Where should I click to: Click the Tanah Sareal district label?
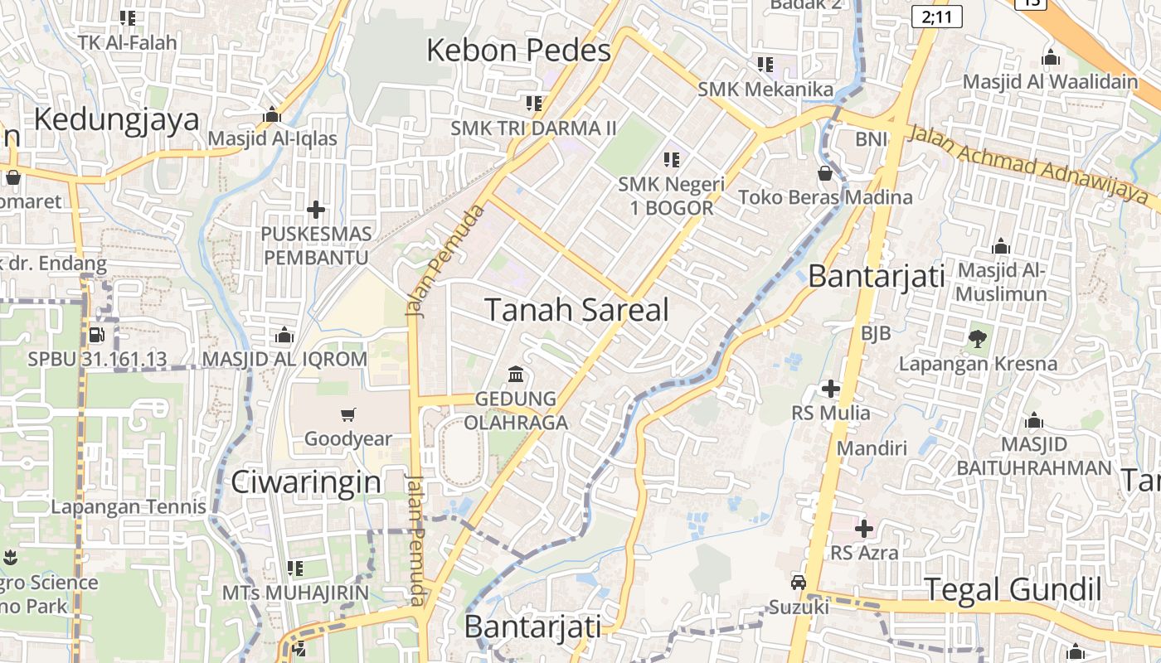[x=576, y=310]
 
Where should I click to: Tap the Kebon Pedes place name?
[x=518, y=51]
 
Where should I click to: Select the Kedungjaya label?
[x=117, y=119]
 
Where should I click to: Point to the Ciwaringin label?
[x=306, y=482]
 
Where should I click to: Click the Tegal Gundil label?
[x=1013, y=590]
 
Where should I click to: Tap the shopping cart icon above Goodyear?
[x=348, y=414]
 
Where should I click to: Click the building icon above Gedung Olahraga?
[x=516, y=375]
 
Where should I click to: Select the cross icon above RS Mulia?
[x=830, y=388]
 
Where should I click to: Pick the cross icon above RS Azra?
[x=864, y=528]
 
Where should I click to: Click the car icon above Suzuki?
[x=798, y=583]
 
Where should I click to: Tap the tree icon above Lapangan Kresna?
[x=978, y=338]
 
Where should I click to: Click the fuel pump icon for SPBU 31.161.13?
[x=96, y=336]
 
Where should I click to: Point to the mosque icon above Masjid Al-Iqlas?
[x=272, y=114]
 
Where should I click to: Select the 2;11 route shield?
[x=936, y=16]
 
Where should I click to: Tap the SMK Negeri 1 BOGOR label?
[x=672, y=196]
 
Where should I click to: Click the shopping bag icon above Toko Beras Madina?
[x=825, y=173]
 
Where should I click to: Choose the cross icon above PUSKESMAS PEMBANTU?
[x=315, y=210]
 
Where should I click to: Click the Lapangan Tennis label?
[x=129, y=507]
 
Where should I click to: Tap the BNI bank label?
[x=872, y=138]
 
